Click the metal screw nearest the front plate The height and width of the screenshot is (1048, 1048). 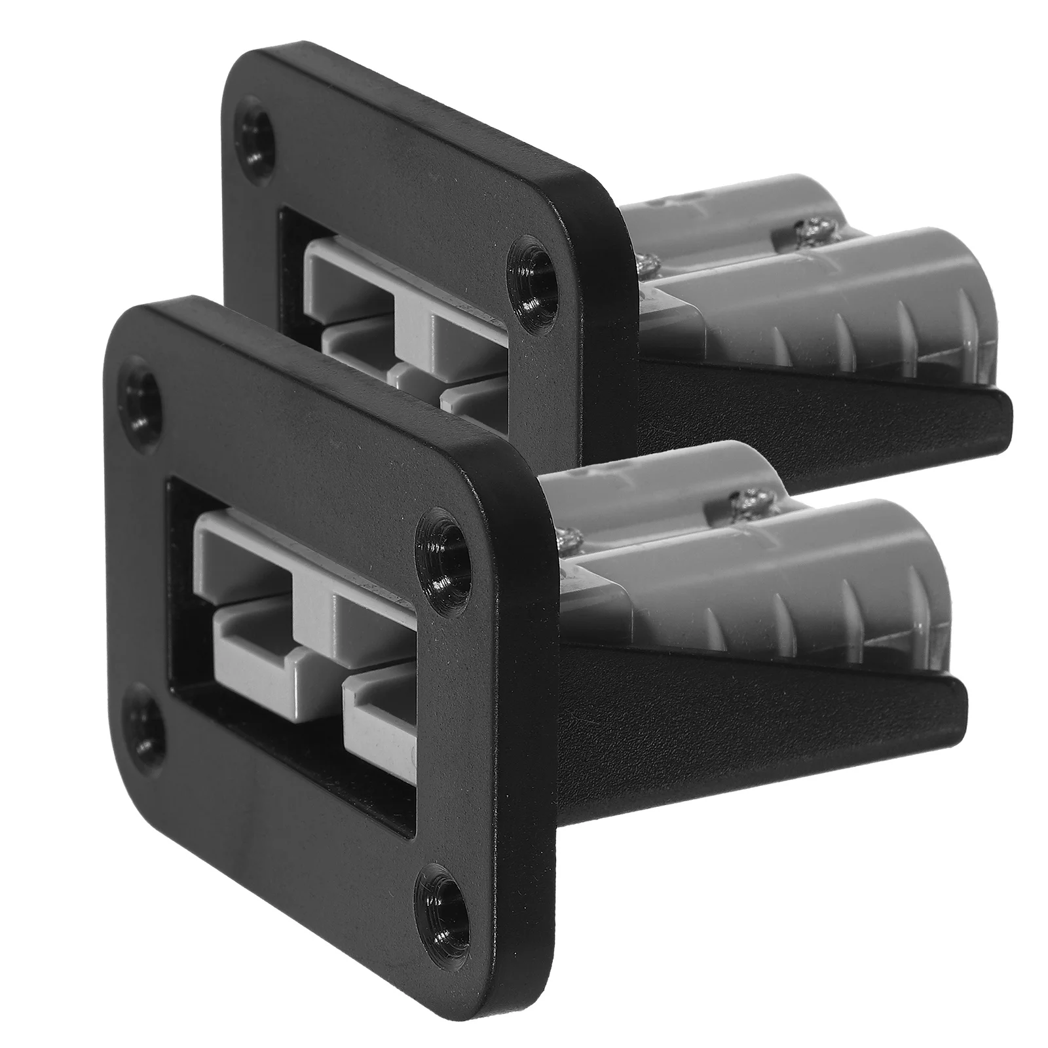565,524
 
